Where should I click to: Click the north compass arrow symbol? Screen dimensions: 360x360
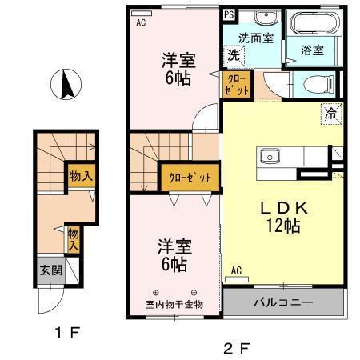click(66, 83)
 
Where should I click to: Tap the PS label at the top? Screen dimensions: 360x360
click(230, 14)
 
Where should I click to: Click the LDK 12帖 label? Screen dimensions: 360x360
click(279, 216)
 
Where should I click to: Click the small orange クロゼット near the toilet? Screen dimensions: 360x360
click(238, 84)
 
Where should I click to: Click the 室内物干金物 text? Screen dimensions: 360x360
click(174, 304)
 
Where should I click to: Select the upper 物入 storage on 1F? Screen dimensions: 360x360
click(78, 174)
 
